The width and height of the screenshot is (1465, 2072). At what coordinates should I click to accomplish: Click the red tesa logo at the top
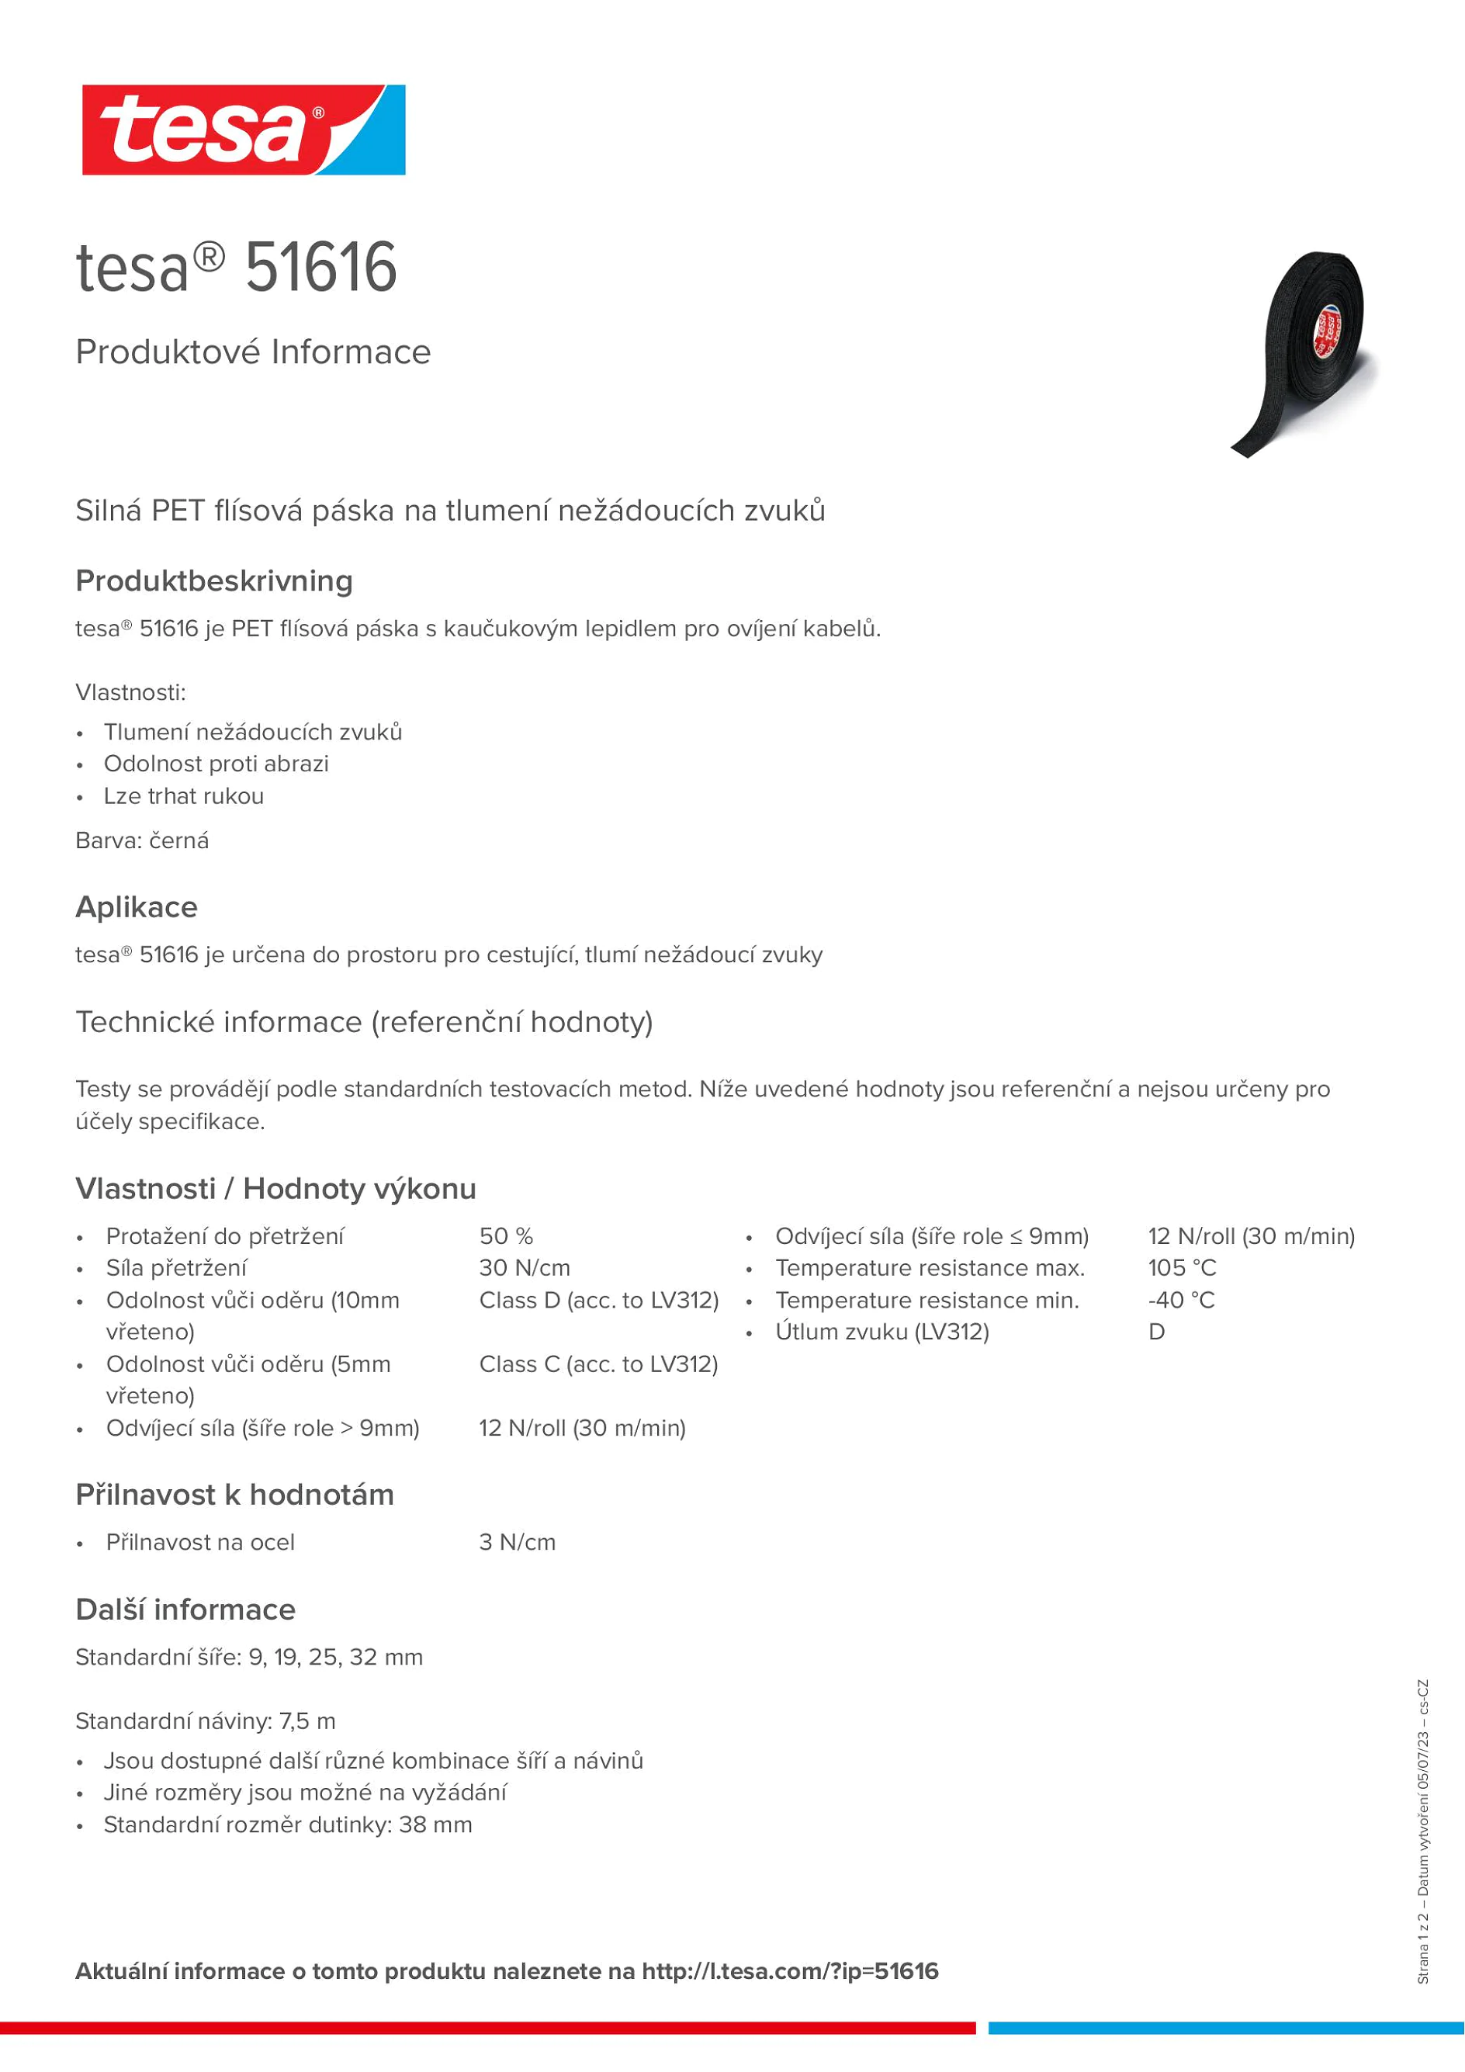pyautogui.click(x=243, y=130)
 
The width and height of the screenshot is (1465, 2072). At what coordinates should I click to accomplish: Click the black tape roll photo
pyautogui.click(x=1306, y=353)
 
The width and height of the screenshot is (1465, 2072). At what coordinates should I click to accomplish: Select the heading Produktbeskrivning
pyautogui.click(x=214, y=581)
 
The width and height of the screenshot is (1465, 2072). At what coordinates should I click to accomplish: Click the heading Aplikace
pyautogui.click(x=137, y=907)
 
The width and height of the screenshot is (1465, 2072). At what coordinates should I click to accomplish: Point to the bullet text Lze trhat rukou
pyautogui.click(x=183, y=796)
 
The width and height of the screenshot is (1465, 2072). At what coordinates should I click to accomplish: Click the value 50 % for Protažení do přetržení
pyautogui.click(x=506, y=1236)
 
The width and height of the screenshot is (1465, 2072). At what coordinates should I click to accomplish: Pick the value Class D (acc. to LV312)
pyautogui.click(x=598, y=1301)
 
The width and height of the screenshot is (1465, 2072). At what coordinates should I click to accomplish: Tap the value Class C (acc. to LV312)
pyautogui.click(x=598, y=1364)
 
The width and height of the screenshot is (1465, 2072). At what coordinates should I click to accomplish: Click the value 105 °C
pyautogui.click(x=1182, y=1268)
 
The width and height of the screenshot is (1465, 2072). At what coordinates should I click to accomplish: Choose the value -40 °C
pyautogui.click(x=1181, y=1301)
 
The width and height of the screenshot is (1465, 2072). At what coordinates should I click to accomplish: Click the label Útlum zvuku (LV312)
pyautogui.click(x=881, y=1332)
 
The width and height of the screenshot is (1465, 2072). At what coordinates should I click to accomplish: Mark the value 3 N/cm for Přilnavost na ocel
pyautogui.click(x=517, y=1542)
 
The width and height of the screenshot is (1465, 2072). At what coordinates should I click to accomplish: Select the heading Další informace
pyautogui.click(x=185, y=1610)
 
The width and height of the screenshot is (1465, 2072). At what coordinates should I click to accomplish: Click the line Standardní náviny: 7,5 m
pyautogui.click(x=205, y=1721)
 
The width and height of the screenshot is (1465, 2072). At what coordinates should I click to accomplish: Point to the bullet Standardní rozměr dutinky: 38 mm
pyautogui.click(x=288, y=1824)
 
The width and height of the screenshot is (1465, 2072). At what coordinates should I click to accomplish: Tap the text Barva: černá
pyautogui.click(x=142, y=841)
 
